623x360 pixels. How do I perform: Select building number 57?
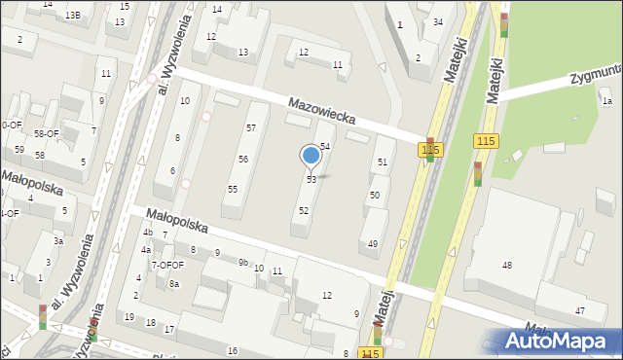[250, 128]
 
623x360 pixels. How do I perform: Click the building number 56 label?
[243, 159]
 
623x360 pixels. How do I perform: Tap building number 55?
[233, 189]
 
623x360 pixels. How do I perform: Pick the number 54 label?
[325, 146]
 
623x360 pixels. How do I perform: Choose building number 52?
[304, 210]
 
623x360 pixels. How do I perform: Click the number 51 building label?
[383, 162]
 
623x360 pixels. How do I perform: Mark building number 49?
[373, 243]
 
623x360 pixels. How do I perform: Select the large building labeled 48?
[506, 265]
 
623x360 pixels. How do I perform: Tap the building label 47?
[579, 310]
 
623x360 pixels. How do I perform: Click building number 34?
[438, 21]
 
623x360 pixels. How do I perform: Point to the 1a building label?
[606, 101]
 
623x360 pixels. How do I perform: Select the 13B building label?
[73, 16]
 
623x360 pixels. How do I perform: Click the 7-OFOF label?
[167, 264]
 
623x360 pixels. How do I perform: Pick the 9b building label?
[243, 261]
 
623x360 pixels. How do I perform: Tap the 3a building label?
[58, 241]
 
